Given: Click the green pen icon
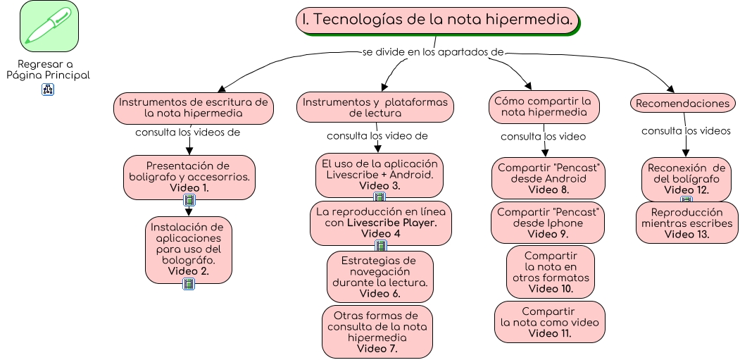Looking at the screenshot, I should click(x=49, y=26).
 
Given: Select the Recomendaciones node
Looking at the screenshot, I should click(x=682, y=104).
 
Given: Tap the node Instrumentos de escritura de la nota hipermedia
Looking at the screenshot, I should click(x=193, y=107).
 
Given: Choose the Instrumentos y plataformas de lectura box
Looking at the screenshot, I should click(x=375, y=107).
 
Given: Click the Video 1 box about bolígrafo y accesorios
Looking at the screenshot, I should click(x=189, y=176).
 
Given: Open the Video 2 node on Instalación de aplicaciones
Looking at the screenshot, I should click(x=189, y=249).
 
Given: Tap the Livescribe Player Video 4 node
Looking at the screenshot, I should click(x=381, y=223).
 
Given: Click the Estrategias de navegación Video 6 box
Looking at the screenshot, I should click(x=380, y=277).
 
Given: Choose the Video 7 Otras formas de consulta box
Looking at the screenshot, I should click(x=377, y=331).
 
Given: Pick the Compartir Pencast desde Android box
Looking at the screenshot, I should click(x=548, y=178).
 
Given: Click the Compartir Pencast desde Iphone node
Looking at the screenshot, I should click(x=548, y=223).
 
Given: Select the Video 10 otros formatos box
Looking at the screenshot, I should click(x=551, y=271).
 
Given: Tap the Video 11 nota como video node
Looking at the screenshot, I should click(x=550, y=322).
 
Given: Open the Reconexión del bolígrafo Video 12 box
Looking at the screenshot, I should click(x=686, y=179).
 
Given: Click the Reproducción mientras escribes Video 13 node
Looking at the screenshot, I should click(x=686, y=223).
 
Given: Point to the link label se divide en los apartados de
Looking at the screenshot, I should click(x=434, y=52).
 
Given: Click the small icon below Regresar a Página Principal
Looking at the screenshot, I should click(x=49, y=89).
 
